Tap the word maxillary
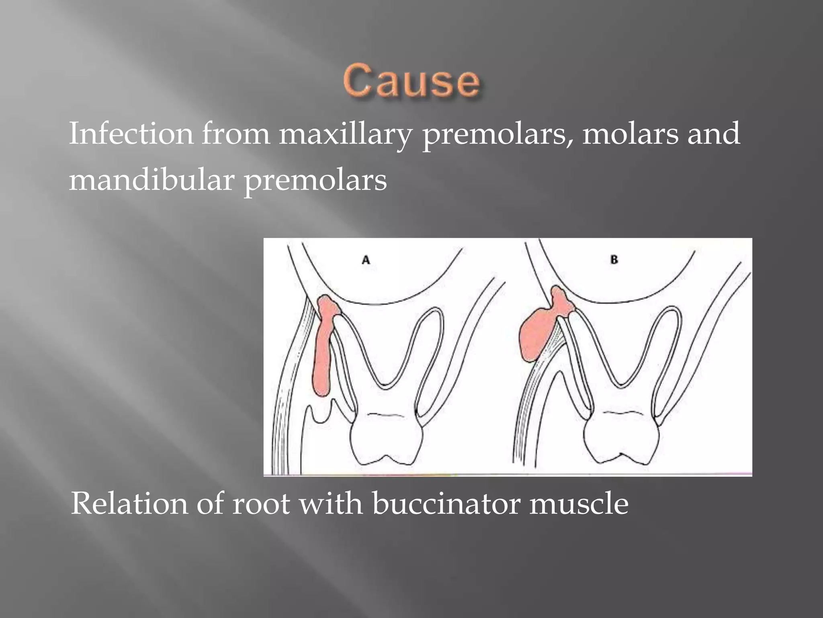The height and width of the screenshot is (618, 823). [x=345, y=134]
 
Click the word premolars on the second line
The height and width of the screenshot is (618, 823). [x=315, y=181]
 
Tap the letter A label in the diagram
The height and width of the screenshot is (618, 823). [x=366, y=260]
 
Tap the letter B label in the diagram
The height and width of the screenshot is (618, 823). [x=614, y=260]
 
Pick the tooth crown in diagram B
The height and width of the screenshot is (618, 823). [x=621, y=439]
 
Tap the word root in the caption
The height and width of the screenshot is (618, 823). [x=261, y=504]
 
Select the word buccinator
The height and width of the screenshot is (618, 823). [x=446, y=504]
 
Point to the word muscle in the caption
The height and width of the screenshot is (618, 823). [x=579, y=504]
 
